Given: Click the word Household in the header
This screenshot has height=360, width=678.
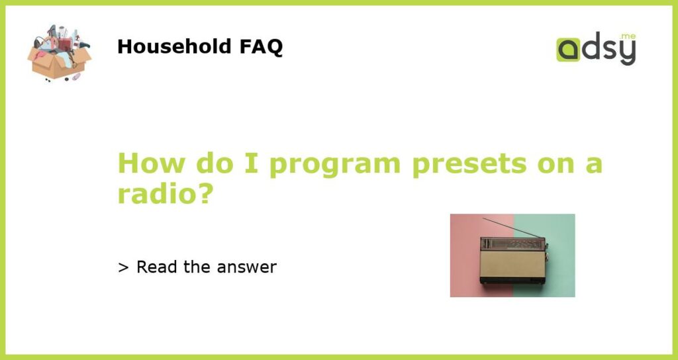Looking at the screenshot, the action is (175, 46).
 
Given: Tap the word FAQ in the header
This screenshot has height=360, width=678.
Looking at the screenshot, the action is (261, 47).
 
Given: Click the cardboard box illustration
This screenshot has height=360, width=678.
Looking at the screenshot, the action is (59, 53).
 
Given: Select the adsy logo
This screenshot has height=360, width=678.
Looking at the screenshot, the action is (597, 48).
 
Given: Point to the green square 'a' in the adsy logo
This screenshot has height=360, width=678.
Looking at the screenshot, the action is (568, 50).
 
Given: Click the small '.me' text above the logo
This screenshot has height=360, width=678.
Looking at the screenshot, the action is (628, 36).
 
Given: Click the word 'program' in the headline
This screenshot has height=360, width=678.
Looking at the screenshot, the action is (335, 165).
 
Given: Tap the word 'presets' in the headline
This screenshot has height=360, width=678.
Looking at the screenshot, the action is (469, 165).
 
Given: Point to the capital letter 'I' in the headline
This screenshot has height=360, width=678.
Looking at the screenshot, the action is (252, 163).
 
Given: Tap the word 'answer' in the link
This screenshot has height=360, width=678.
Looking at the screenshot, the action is (246, 268).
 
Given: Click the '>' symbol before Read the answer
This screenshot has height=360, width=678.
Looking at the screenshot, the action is (123, 267).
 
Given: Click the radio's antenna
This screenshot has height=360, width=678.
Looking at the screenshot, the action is (512, 228).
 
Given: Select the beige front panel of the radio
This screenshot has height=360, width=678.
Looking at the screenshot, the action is (512, 263).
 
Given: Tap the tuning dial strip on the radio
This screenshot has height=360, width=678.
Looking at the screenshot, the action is (512, 244).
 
